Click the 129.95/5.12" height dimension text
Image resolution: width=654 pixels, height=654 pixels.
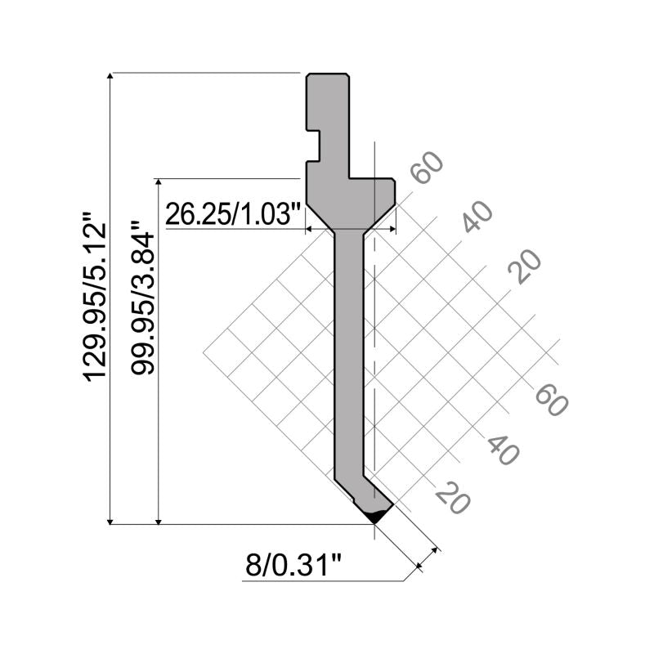95,297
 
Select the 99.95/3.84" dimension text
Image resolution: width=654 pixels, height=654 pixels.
142,297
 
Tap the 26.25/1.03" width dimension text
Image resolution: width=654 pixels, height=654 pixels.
233,214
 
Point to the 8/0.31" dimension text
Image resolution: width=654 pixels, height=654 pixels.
293,565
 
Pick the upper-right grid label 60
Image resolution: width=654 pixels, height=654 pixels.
426,168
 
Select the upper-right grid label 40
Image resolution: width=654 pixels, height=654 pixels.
477,216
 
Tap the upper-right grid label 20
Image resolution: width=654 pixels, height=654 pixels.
525,267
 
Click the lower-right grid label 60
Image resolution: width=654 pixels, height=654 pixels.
551,400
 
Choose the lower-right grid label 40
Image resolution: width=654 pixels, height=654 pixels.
504,450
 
